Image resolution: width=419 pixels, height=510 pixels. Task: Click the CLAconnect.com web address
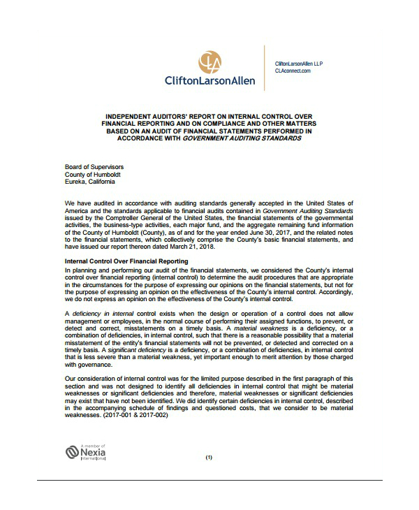(x=293, y=71)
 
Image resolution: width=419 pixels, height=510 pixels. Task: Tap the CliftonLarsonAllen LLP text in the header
(x=299, y=64)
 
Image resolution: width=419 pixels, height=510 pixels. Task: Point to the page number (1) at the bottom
(x=209, y=458)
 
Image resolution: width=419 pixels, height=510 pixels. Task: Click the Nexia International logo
(x=85, y=452)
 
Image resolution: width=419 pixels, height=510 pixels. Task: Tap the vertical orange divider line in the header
(x=264, y=67)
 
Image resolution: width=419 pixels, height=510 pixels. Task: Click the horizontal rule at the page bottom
(x=209, y=480)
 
